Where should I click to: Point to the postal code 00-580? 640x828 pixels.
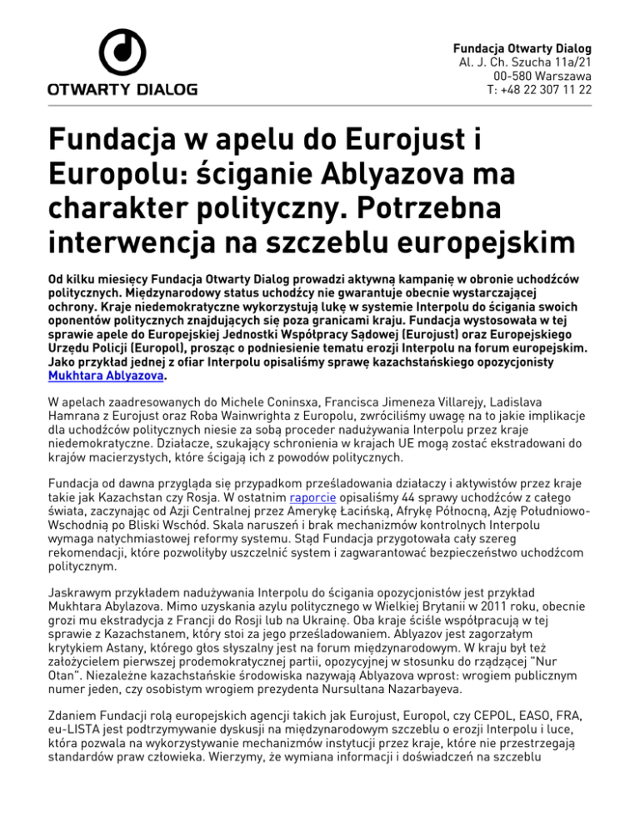click(517, 75)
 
